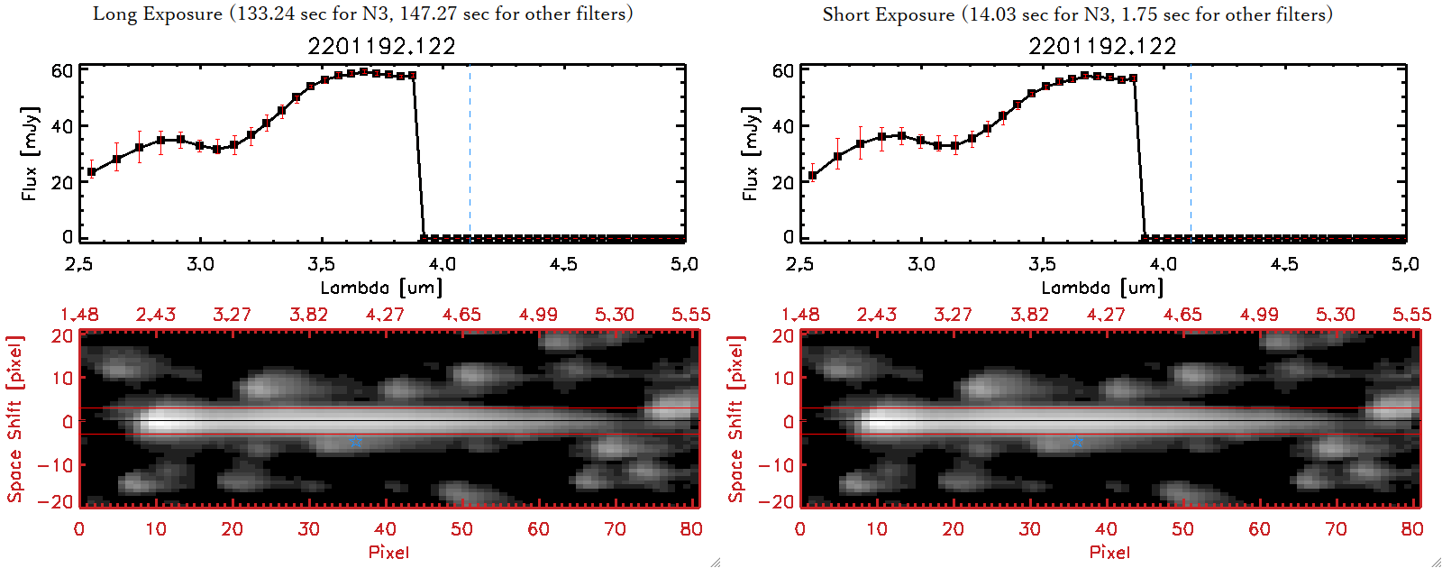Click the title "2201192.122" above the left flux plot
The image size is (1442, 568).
pos(381,46)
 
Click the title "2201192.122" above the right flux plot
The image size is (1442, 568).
pos(1102,46)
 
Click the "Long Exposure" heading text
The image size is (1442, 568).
pos(158,14)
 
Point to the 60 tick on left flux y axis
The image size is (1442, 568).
pos(62,70)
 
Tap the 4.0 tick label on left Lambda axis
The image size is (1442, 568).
pos(443,264)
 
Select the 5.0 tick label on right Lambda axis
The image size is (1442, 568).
pos(1405,264)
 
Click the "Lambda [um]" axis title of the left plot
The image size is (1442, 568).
pos(381,288)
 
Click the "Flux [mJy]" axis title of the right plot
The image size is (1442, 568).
pos(750,153)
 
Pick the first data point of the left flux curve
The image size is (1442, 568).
pos(92,171)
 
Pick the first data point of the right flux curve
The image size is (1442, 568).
pos(813,176)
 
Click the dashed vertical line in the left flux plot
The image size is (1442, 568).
pos(470,153)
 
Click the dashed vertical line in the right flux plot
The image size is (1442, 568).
pos(1191,153)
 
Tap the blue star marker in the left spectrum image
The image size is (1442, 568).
pos(356,441)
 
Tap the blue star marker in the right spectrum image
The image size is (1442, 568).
pos(1077,441)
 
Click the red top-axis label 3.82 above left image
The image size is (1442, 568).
pos(308,315)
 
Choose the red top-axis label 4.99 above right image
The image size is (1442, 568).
pos(1258,315)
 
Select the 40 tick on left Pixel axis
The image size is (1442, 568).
pos(385,529)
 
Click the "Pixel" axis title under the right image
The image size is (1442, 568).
pos(1109,552)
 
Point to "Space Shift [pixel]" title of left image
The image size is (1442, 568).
pos(14,419)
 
